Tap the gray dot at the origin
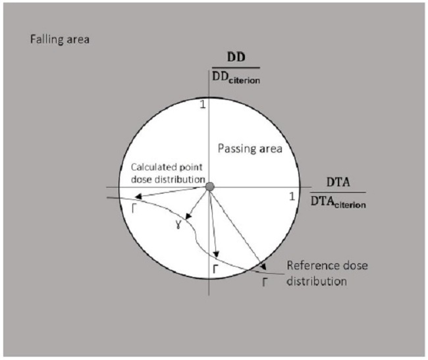pos(209,188)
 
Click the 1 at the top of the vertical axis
pos(203,104)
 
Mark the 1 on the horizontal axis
pos(292,196)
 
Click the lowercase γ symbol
pos(178,225)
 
